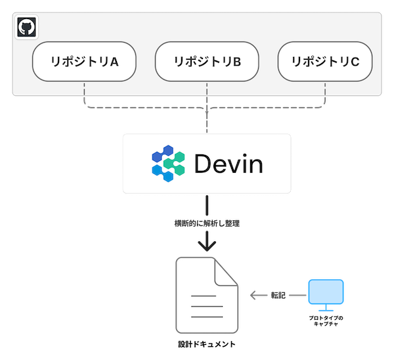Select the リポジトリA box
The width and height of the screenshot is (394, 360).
coord(84,62)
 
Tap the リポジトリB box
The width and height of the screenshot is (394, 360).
coord(207,62)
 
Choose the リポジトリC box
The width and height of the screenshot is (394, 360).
coord(325,62)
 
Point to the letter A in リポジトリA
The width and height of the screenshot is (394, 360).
coord(114,62)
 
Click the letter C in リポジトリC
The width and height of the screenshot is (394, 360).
coord(355,62)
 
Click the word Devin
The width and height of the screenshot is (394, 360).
coord(229,164)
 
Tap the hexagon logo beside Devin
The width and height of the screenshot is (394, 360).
coord(168,164)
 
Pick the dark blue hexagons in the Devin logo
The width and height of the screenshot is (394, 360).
coord(160,156)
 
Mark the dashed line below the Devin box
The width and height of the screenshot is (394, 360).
coord(208,214)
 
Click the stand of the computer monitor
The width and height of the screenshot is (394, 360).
coord(326,307)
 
